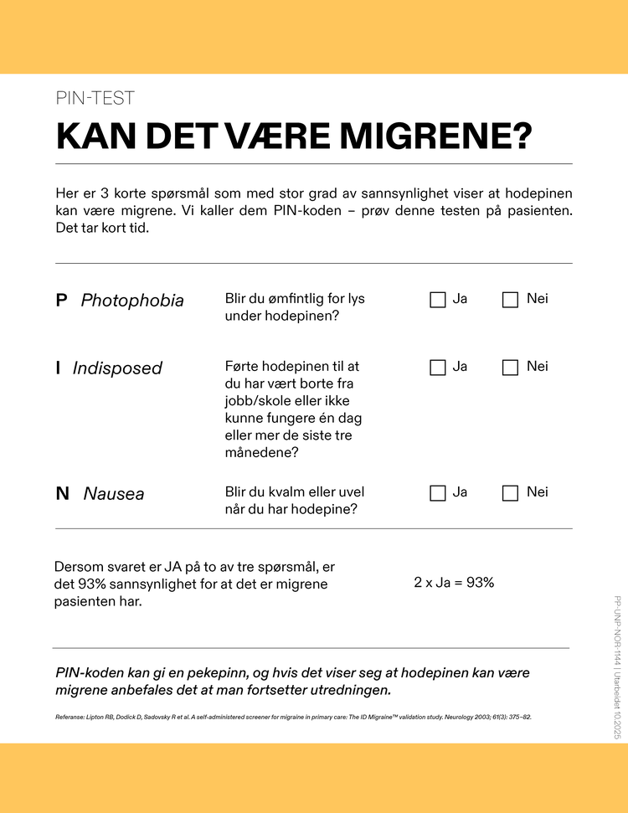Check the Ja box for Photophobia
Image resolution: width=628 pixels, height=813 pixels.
438,300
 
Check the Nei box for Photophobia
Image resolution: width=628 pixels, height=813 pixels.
510,300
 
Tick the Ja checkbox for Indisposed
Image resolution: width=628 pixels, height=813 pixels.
438,368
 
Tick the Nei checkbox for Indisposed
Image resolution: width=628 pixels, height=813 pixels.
510,368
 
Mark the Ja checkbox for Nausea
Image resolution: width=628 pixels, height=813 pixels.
438,493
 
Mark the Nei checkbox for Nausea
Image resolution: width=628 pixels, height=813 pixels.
510,493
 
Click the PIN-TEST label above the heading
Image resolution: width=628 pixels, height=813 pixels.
95,98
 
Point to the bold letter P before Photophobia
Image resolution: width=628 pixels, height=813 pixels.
61,300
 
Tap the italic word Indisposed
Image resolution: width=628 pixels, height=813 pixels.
117,368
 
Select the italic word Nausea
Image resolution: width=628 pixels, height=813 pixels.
114,494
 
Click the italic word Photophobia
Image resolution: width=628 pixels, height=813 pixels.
132,300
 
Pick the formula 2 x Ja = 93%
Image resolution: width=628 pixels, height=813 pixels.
454,583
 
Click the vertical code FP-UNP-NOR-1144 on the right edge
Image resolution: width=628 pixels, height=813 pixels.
617,629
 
